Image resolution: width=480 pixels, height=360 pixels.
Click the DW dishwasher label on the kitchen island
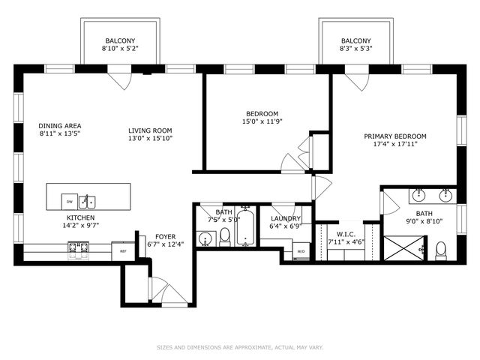(69, 202)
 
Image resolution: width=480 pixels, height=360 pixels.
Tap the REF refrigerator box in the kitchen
(123, 250)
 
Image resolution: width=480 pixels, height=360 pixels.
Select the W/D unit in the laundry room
(301, 251)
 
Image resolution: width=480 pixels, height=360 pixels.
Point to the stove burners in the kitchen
(78, 247)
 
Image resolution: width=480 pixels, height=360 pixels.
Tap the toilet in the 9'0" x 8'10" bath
(441, 247)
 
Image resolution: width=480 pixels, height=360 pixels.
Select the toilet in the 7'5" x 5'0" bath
(224, 238)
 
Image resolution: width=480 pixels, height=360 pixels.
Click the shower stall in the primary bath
(404, 247)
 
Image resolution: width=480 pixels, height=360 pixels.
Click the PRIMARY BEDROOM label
(395, 136)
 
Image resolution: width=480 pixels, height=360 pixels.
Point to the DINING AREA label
(60, 126)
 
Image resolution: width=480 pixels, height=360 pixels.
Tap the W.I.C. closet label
(346, 233)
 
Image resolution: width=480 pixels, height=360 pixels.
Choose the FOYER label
(165, 235)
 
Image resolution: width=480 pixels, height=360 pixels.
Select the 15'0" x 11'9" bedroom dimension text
(262, 121)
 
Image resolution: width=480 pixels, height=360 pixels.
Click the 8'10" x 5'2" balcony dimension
(120, 49)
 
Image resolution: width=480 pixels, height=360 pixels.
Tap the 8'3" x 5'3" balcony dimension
(355, 49)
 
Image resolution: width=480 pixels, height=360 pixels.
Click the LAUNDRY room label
(286, 217)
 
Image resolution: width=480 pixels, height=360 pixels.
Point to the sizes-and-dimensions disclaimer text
(240, 347)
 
